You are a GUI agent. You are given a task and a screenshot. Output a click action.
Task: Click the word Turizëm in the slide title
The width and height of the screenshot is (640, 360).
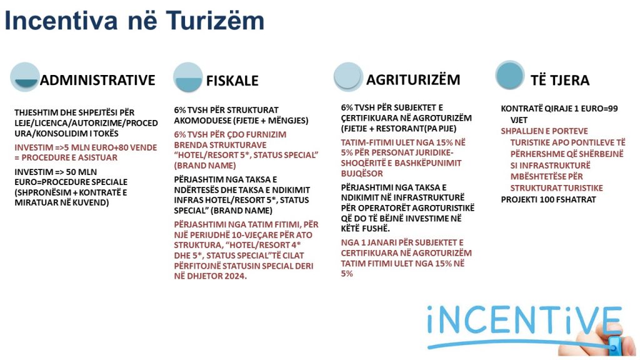(215, 21)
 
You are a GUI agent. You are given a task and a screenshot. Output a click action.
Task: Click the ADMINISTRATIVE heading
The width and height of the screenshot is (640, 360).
(97, 80)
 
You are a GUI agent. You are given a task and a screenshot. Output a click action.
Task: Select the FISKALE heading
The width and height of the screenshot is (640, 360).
(232, 81)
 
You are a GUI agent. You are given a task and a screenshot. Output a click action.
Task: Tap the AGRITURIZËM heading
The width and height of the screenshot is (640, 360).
(413, 79)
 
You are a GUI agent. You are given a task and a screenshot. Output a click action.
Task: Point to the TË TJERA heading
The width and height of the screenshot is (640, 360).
(560, 81)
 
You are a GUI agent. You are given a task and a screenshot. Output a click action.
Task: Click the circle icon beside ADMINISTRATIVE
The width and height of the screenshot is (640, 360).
(25, 77)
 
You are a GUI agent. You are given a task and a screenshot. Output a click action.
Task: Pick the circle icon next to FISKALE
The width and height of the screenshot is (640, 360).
(187, 77)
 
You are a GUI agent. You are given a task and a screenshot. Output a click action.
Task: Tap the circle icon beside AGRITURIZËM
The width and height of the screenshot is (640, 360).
(348, 76)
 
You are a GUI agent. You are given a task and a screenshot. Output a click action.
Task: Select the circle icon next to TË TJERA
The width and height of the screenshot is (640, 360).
(510, 75)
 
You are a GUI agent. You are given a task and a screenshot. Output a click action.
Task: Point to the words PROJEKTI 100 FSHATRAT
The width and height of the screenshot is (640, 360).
(549, 199)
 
